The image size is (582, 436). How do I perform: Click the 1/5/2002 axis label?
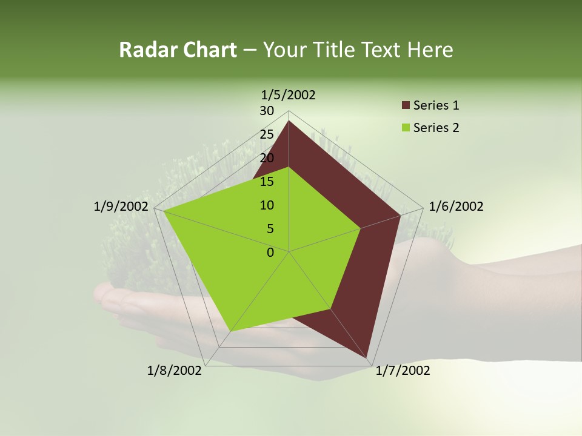point(288,94)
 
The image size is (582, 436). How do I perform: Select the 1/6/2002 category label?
point(456,206)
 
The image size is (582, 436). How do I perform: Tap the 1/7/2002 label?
point(403,370)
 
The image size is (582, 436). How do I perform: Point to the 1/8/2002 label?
point(174,370)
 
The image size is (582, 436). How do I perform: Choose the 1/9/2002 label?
point(121,206)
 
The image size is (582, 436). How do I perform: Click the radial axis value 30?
point(267,111)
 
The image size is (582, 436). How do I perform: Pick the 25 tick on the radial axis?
point(267,134)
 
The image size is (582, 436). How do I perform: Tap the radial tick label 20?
point(267,158)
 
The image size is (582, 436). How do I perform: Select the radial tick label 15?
point(267,182)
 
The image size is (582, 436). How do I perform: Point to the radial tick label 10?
point(267,205)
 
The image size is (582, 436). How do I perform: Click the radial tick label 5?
point(270,229)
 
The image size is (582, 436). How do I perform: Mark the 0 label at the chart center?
point(270,253)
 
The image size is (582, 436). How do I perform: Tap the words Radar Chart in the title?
point(178,50)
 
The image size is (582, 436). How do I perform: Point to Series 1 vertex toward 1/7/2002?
point(367,357)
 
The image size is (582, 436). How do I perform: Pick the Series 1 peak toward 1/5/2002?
point(289,121)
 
